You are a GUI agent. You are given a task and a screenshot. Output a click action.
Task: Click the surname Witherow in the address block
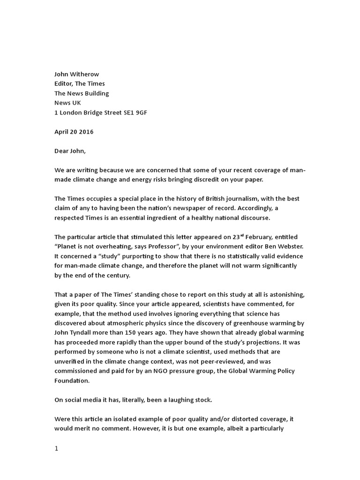(84, 74)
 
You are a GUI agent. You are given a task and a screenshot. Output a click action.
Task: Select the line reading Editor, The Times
(80, 83)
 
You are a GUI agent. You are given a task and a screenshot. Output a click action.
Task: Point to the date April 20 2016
(74, 132)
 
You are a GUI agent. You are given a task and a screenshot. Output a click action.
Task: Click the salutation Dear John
(71, 151)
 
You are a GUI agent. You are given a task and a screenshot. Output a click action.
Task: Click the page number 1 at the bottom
(57, 448)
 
